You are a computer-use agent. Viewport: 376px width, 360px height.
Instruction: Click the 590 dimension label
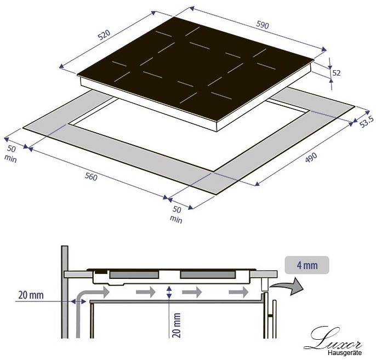[x=263, y=25]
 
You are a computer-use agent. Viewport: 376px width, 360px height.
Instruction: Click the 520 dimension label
[x=104, y=35]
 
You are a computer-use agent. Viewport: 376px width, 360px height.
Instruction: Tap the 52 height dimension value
[x=337, y=73]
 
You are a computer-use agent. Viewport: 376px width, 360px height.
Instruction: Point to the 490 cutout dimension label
[x=311, y=157]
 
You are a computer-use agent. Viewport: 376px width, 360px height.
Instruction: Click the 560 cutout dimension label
[x=91, y=177]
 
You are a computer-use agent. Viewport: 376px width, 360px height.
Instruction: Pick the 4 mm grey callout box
[x=307, y=265]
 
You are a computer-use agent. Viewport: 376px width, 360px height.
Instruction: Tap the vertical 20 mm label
[x=176, y=325]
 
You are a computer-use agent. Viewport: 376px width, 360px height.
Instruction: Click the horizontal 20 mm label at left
[x=31, y=295]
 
